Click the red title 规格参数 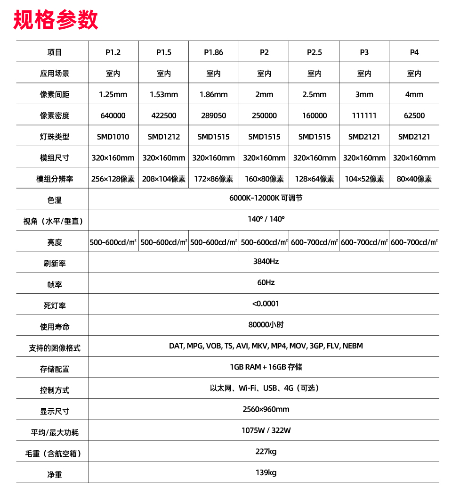(x=56, y=20)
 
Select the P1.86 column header (x=213, y=52)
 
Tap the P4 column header (x=414, y=52)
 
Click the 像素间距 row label (x=55, y=94)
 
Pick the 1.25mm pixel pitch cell (x=113, y=94)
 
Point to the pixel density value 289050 (x=213, y=115)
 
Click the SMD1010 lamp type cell (x=113, y=137)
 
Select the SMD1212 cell (x=163, y=137)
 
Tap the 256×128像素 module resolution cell (x=113, y=179)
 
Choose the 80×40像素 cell (x=414, y=179)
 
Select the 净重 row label (x=55, y=475)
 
